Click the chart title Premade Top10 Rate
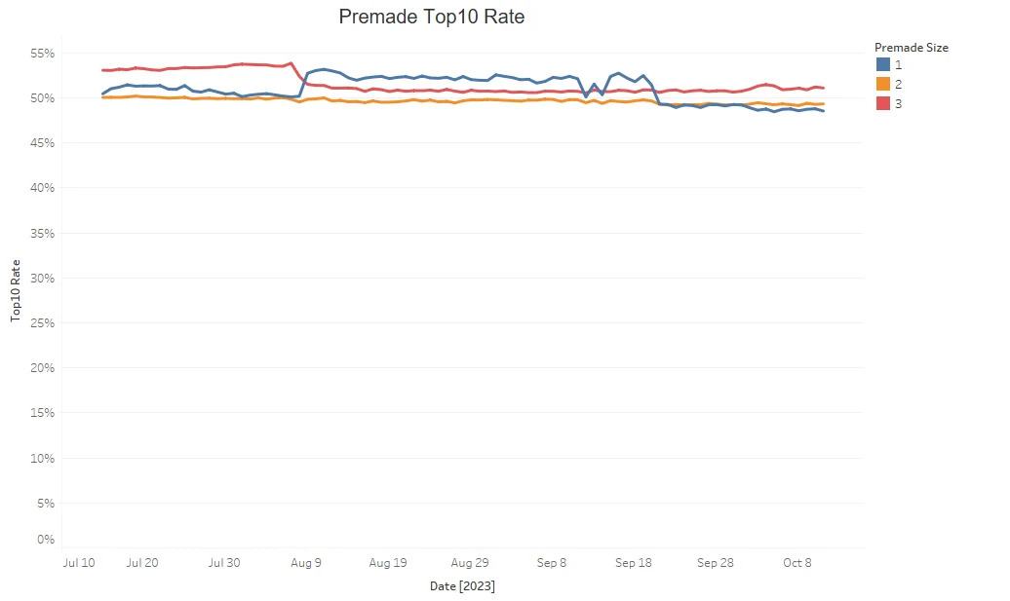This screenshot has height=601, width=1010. tap(431, 17)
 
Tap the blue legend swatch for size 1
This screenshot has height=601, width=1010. tap(882, 64)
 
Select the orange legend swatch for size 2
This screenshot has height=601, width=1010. tap(882, 84)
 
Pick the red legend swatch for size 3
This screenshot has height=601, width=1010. tap(882, 103)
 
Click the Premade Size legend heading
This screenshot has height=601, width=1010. tap(911, 47)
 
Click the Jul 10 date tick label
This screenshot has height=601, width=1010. tap(77, 563)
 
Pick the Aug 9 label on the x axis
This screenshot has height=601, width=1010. tap(306, 563)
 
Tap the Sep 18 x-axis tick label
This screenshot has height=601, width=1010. tap(634, 563)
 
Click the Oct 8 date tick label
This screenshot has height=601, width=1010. tap(797, 563)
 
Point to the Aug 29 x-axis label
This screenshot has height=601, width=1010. tap(470, 563)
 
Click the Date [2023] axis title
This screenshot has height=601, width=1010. tap(462, 586)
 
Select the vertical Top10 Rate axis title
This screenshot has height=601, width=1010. tap(17, 292)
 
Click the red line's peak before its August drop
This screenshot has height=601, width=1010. tap(291, 63)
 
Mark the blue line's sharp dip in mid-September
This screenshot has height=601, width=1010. tap(586, 95)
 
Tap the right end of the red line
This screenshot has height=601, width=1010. tap(824, 88)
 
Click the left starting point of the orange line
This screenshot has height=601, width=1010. tap(102, 97)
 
